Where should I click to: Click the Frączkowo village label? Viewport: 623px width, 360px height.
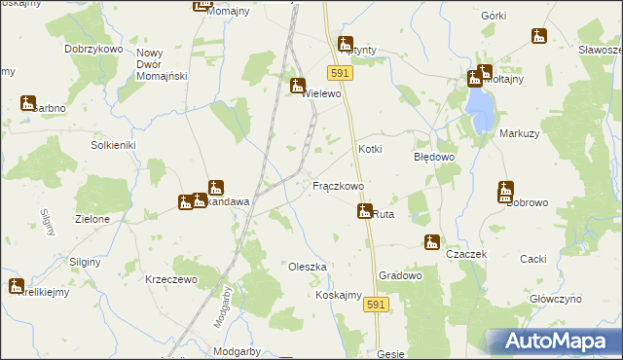point(338,185)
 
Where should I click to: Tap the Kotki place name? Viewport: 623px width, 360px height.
point(370,149)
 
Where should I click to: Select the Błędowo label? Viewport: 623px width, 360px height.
point(434,156)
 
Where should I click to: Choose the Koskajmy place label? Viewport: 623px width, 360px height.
point(339,296)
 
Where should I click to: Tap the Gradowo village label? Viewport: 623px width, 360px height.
point(400,275)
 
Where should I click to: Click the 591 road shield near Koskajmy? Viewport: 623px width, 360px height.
point(378,306)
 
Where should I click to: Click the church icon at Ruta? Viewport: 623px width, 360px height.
point(365,210)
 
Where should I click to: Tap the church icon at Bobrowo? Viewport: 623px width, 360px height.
point(506,190)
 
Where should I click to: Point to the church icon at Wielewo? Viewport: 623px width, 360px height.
point(298,86)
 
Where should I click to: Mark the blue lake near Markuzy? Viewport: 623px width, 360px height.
point(477,109)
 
